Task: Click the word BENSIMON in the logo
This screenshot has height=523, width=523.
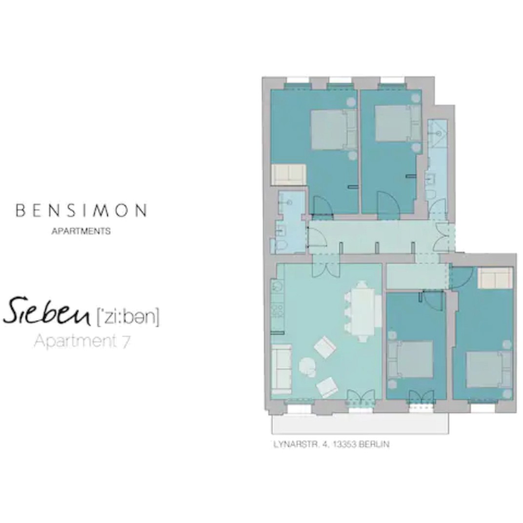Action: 81,211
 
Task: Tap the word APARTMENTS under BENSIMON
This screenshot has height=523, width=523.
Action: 81,231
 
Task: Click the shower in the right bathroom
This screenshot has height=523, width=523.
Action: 438,131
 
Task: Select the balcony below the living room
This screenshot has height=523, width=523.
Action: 360,424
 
